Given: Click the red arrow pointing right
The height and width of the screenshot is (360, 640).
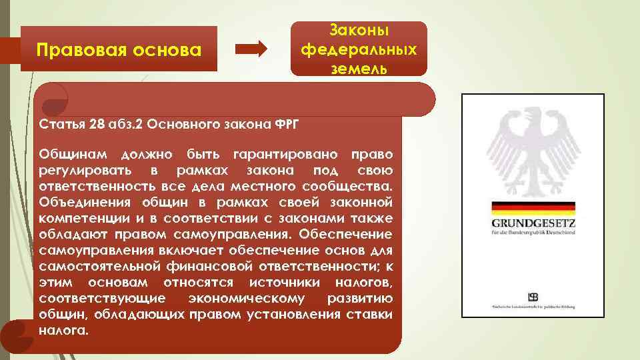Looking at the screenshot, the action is tap(252, 49).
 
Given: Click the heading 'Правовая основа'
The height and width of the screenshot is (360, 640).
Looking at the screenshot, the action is tap(119, 49).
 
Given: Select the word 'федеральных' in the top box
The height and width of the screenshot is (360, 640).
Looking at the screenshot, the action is tap(359, 49).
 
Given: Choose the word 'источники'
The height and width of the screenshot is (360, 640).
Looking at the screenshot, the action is tap(228, 282).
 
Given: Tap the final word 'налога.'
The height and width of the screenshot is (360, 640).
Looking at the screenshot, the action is tap(63, 329).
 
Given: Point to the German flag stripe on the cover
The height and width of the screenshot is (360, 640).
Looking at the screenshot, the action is tap(533, 207).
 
